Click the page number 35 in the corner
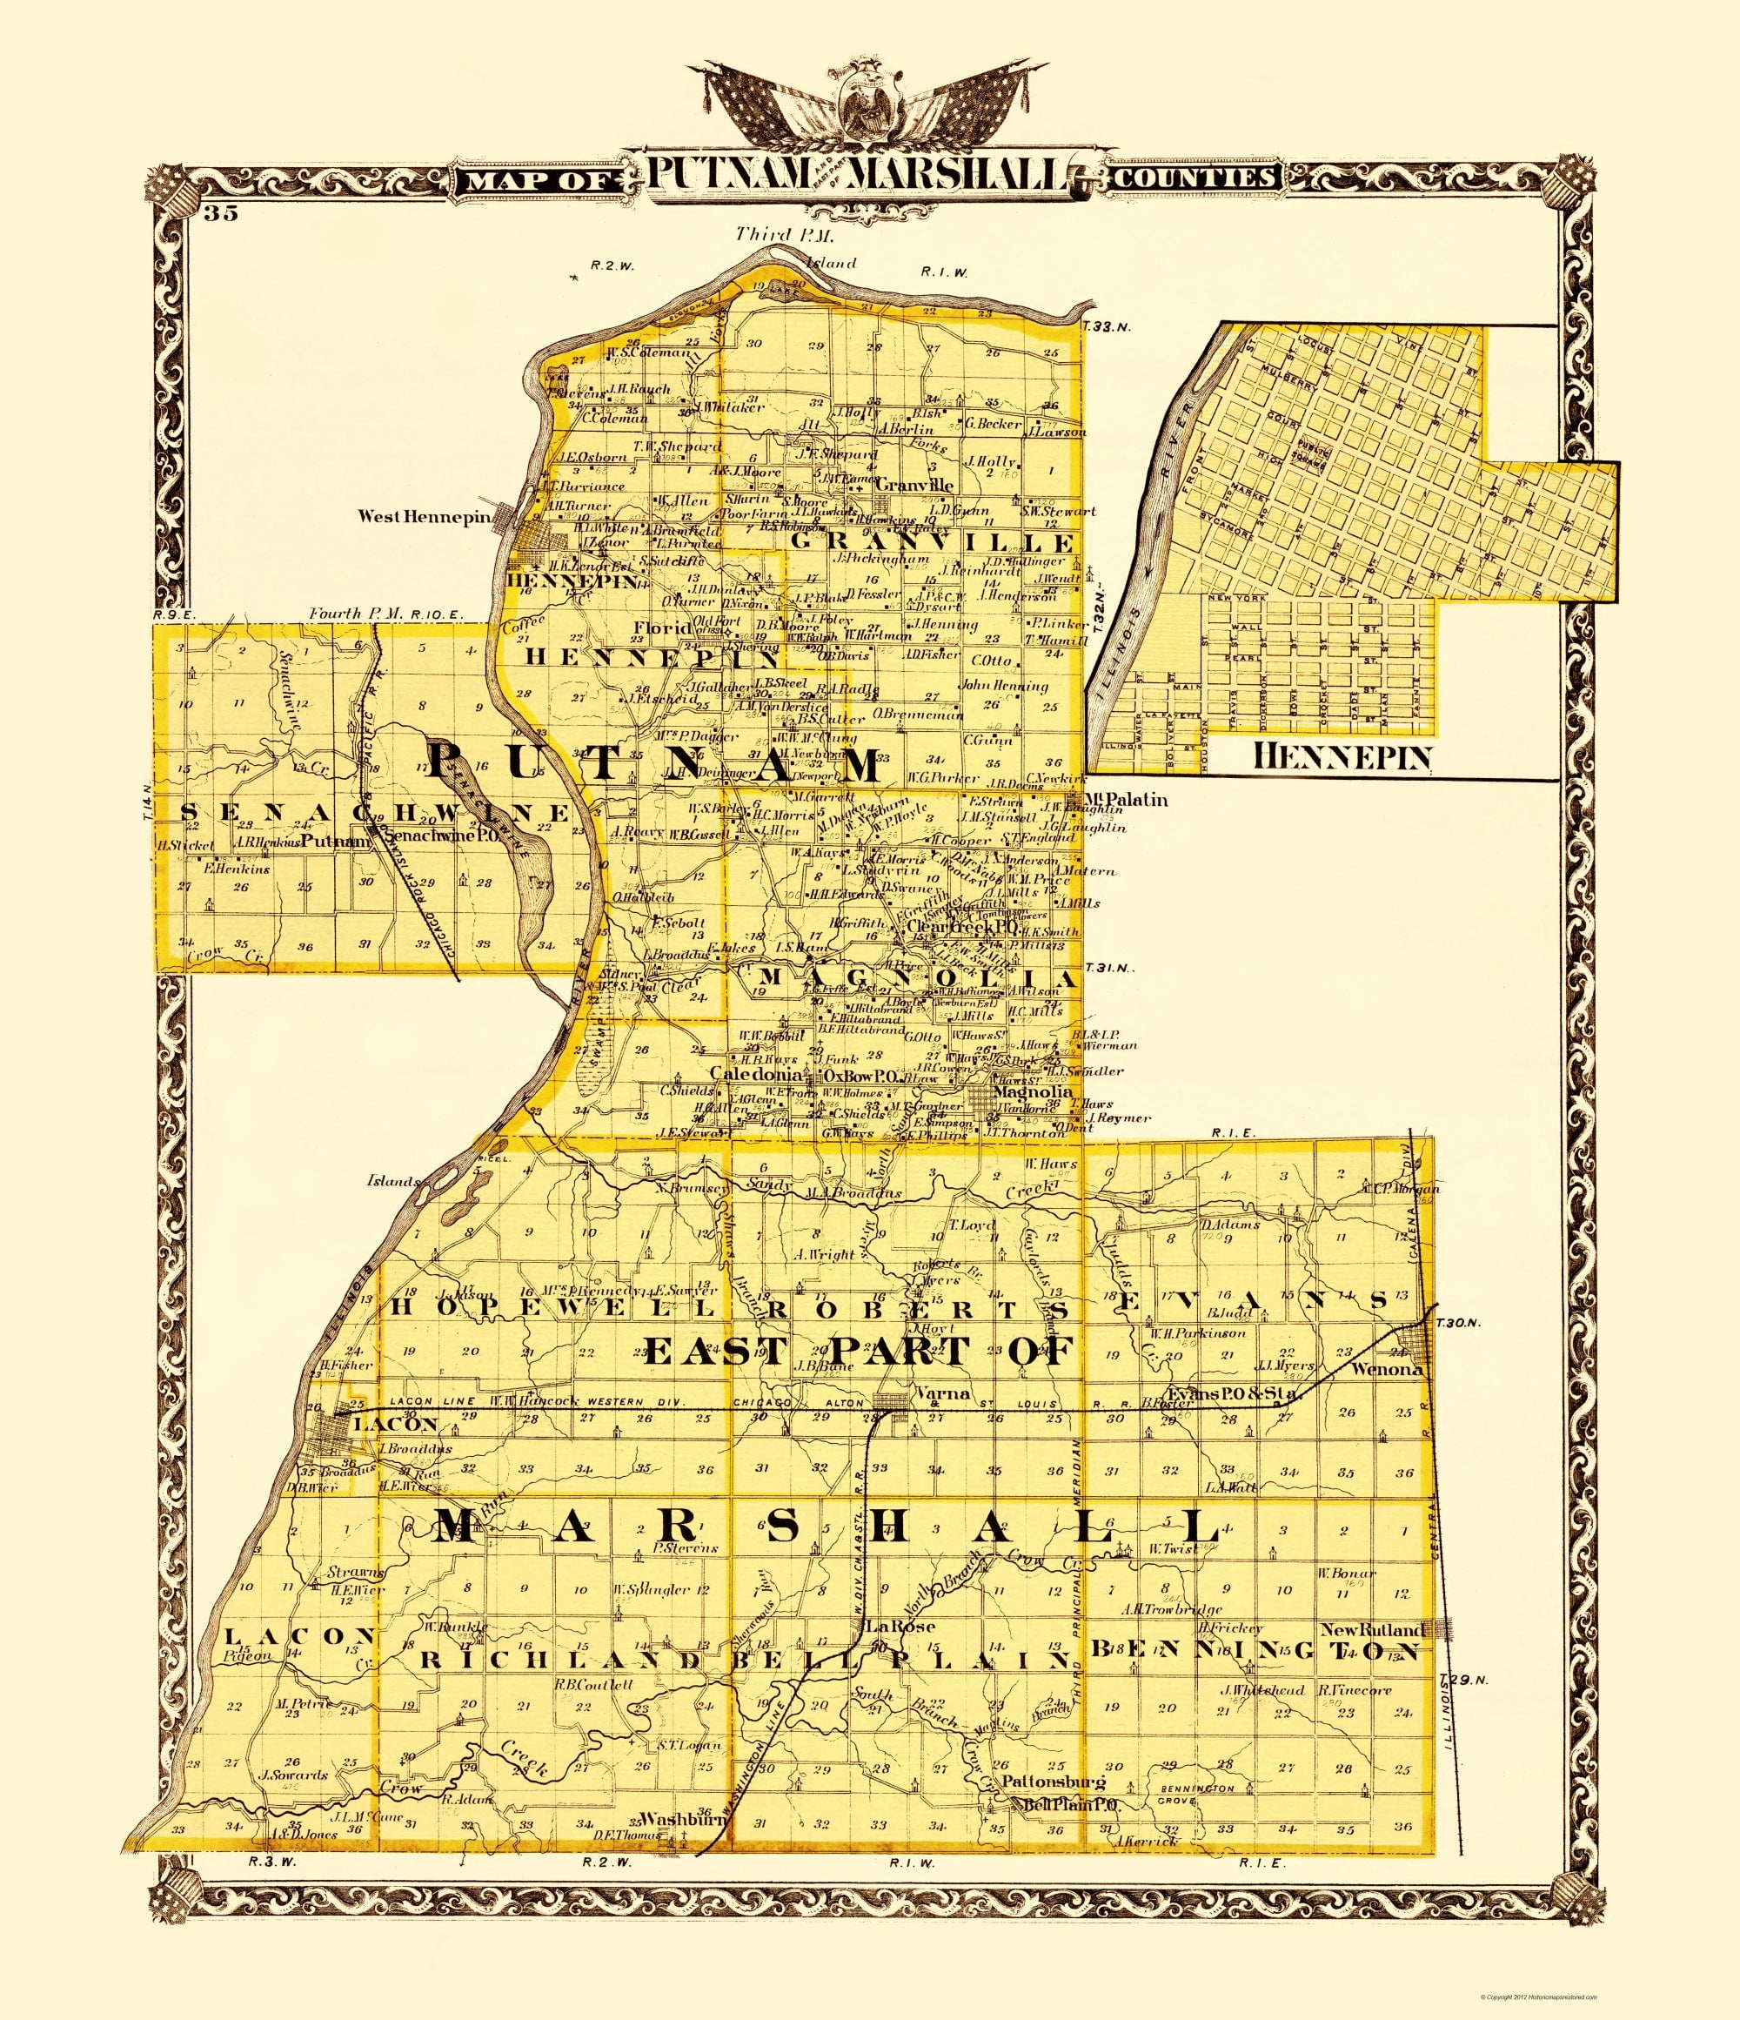[x=221, y=213]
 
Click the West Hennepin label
[x=421, y=517]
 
